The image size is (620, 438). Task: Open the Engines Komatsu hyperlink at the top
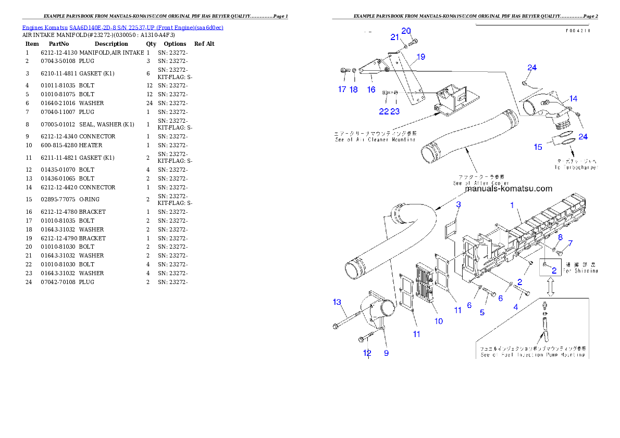pos(122,28)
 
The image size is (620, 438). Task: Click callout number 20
pos(406,31)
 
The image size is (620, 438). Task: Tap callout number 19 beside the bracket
pos(420,56)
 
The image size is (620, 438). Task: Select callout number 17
pos(342,89)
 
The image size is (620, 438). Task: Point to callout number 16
pos(371,89)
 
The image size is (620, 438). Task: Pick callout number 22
pos(383,111)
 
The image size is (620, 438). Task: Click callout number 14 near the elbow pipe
pos(573,98)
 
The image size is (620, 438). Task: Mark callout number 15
pos(538,147)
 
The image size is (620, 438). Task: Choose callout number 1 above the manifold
pos(512,205)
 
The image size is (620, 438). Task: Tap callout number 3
pos(458,205)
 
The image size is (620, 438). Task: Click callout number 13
pos(337,302)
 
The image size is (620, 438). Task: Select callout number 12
pos(367,353)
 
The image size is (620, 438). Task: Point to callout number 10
pos(439,321)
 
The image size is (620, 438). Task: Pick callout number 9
pos(386,353)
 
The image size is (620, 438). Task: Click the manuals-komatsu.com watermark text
pos(508,189)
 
